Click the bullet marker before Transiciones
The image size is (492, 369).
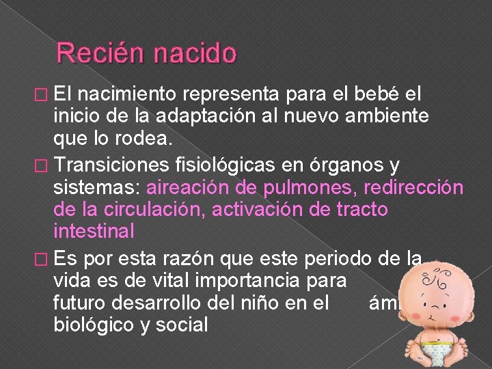[x=41, y=163]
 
